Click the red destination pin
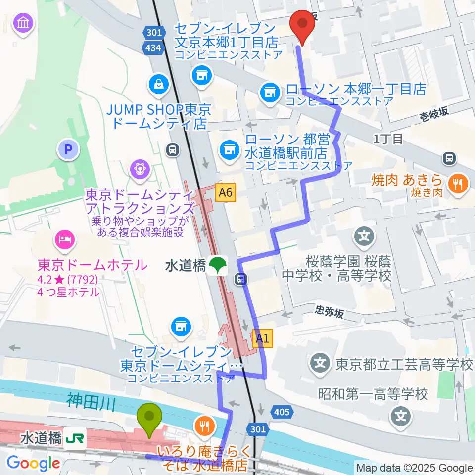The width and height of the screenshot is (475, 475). [x=302, y=24]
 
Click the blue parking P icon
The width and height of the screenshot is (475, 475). [x=68, y=149]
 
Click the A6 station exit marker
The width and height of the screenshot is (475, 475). [x=225, y=191]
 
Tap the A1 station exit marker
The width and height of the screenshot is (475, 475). [x=262, y=338]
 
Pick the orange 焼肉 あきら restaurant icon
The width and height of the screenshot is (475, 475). [x=455, y=184]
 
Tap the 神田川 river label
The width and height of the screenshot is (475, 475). [x=91, y=399]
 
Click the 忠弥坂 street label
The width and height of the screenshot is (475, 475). [x=329, y=312]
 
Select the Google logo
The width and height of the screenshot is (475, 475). [x=33, y=463]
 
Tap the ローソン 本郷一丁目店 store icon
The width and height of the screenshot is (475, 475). [x=270, y=92]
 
